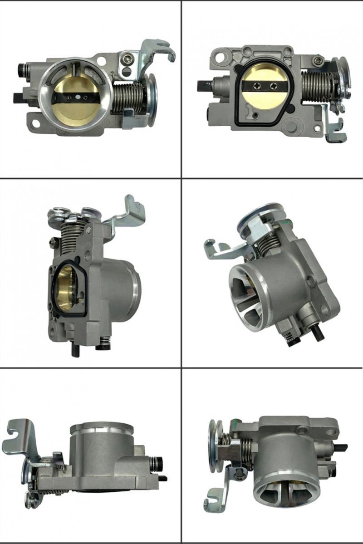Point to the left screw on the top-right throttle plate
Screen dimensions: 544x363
[x=259, y=86]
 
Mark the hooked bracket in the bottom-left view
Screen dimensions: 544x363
[x=20, y=436]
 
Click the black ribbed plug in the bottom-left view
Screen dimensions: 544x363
[x=157, y=463]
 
